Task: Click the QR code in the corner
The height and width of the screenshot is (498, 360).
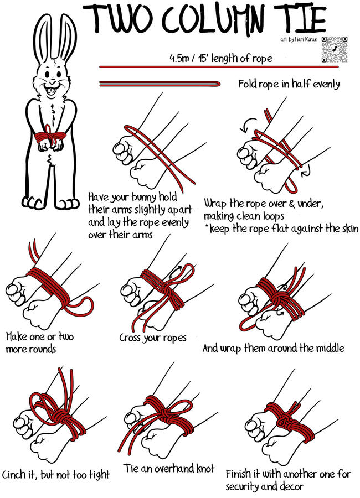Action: (334, 49)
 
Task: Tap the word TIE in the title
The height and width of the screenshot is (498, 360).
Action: (299, 18)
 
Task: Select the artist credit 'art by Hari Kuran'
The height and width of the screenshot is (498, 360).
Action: (299, 40)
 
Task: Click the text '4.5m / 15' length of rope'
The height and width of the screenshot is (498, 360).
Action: (221, 58)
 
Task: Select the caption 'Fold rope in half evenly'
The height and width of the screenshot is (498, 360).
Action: (289, 84)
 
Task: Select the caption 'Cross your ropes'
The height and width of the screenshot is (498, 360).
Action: (153, 338)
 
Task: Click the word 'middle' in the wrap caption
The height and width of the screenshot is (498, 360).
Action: (330, 348)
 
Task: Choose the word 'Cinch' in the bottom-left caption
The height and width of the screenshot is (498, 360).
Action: (14, 475)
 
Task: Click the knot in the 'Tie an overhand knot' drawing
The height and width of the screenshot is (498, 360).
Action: (165, 413)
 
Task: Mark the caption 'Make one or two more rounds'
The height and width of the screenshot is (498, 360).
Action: (40, 343)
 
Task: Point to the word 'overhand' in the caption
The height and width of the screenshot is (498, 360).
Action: (169, 468)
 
